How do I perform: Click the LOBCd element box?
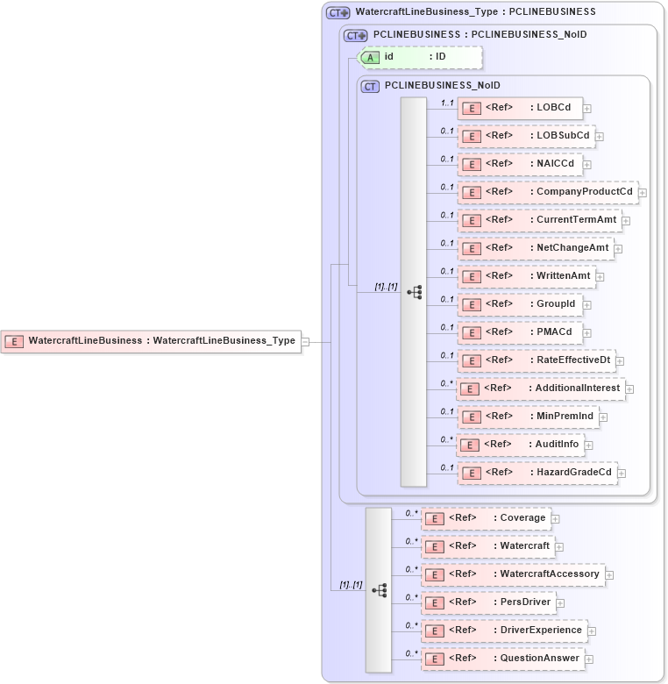521,108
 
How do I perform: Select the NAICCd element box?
521,164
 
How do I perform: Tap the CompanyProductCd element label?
584,192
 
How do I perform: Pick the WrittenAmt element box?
527,276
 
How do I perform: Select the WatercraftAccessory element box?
512,574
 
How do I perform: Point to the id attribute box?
421,57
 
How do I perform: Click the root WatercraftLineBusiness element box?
152,341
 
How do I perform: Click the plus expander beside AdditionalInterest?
629,388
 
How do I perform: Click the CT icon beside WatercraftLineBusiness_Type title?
337,12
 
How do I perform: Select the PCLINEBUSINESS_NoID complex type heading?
442,85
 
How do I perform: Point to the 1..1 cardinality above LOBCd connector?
447,103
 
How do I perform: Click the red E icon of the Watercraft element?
433,546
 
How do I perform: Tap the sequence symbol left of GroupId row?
414,292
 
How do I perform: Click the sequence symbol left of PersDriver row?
379,590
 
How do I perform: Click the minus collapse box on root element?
305,341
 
